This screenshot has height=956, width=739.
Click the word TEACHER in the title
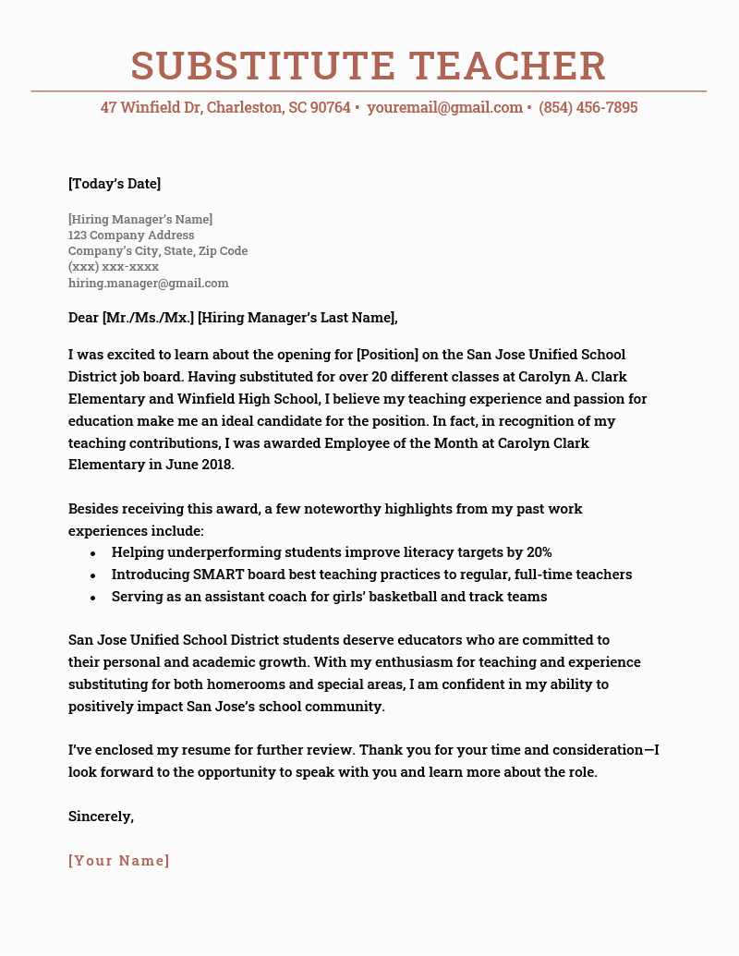(503, 66)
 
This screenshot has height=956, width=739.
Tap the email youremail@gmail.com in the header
(445, 108)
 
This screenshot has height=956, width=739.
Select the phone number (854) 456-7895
(588, 108)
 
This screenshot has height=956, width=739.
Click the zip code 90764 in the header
(331, 108)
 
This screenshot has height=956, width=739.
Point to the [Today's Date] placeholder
(115, 184)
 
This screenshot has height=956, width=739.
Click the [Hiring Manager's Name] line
(140, 219)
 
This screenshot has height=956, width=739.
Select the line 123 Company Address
(131, 235)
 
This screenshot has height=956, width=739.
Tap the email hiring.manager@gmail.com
(148, 284)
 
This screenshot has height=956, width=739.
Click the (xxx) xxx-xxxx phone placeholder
(114, 267)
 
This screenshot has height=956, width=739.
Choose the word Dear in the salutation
(83, 319)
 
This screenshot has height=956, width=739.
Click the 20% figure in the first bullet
(539, 552)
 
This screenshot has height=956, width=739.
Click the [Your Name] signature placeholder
(119, 861)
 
